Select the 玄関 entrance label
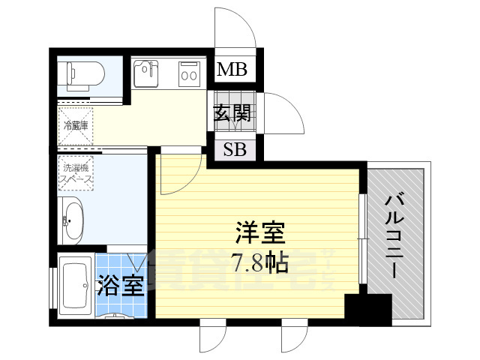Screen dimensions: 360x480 pyautogui.click(x=232, y=114)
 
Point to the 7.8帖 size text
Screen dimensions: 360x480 pyautogui.click(x=259, y=263)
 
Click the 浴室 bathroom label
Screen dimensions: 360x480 pyautogui.click(x=121, y=286)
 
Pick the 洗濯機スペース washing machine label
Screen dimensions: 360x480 pyautogui.click(x=76, y=174)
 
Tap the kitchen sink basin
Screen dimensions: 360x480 pyautogui.click(x=147, y=73)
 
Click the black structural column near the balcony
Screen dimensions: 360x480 pyautogui.click(x=367, y=309)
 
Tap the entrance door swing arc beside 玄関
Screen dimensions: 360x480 pyautogui.click(x=281, y=112)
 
